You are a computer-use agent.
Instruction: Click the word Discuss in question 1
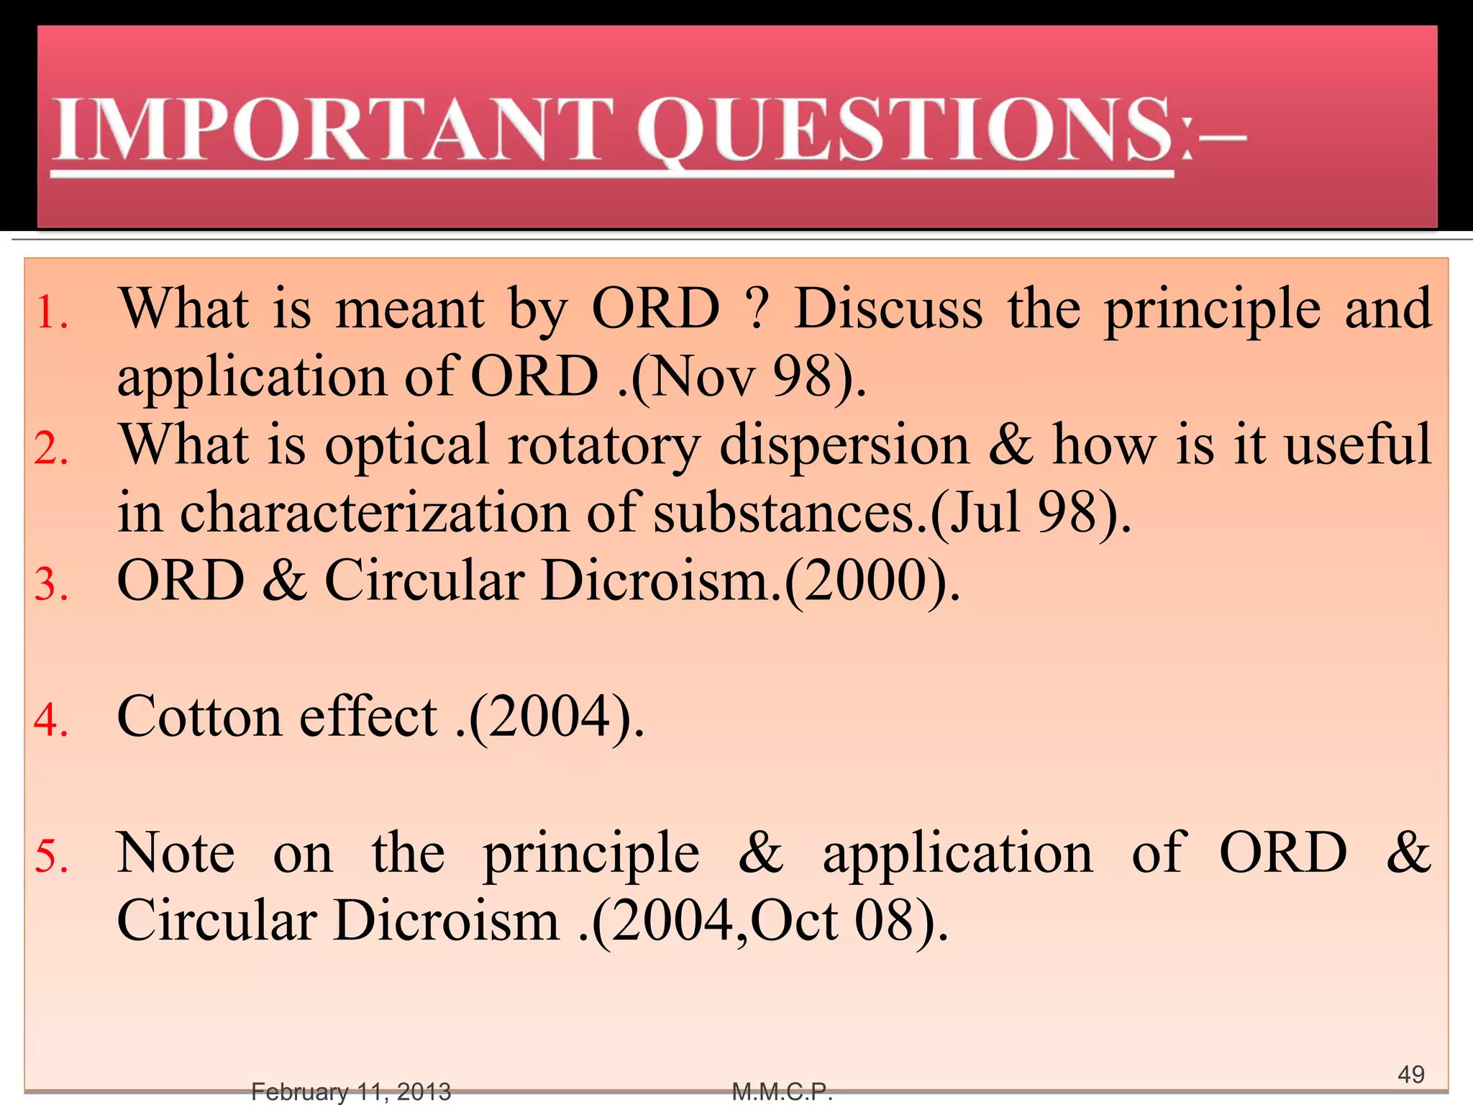(888, 309)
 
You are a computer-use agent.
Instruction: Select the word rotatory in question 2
(604, 446)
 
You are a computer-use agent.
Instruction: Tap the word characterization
(374, 512)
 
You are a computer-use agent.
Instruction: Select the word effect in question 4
(368, 717)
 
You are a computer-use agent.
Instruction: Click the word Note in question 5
(176, 853)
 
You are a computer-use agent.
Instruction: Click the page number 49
(1410, 1074)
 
